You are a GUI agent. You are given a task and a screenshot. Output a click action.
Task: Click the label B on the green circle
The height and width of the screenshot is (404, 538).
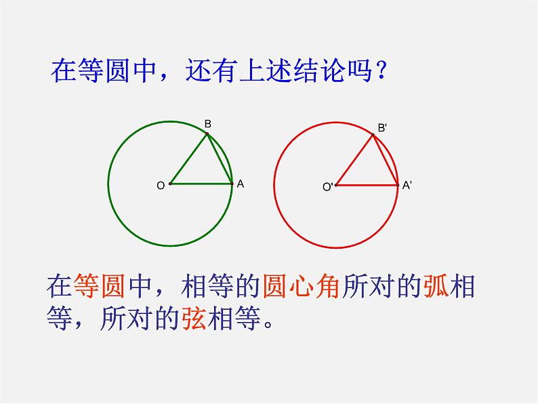[207, 123]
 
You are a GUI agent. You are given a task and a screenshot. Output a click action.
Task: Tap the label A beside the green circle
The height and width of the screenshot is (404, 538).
[240, 184]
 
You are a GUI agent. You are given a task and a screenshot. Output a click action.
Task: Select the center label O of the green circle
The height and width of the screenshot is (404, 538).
[161, 186]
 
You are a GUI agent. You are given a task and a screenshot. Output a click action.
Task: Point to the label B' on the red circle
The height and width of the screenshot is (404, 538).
[382, 128]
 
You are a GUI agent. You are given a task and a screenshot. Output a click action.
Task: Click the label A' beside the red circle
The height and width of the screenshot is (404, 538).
[407, 185]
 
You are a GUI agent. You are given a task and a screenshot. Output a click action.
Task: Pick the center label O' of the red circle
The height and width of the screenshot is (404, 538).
[328, 187]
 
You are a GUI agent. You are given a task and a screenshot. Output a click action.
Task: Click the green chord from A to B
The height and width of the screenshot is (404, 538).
[220, 159]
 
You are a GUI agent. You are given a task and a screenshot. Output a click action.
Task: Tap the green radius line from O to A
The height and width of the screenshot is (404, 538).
[201, 184]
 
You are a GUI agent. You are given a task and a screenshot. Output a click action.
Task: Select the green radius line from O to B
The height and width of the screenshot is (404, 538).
[189, 159]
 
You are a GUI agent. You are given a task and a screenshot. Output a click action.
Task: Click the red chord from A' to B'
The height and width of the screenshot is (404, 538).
[386, 160]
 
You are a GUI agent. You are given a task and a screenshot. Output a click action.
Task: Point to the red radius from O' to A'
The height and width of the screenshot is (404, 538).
[367, 185]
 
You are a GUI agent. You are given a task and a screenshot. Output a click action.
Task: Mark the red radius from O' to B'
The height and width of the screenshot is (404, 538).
[354, 160]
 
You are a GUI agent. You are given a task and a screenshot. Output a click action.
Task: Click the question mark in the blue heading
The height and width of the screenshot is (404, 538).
[380, 70]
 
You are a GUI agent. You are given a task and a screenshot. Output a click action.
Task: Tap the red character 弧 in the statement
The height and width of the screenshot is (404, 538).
[436, 285]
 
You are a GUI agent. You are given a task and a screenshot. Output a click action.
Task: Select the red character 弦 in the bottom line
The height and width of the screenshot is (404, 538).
[194, 318]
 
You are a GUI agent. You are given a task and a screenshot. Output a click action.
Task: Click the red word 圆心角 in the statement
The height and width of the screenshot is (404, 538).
[302, 285]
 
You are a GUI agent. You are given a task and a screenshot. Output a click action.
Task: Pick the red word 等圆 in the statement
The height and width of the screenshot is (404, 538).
[99, 285]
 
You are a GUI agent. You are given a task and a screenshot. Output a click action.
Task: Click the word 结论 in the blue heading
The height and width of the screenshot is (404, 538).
[319, 70]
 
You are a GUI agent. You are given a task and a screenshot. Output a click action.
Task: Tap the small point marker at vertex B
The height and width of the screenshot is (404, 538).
[207, 134]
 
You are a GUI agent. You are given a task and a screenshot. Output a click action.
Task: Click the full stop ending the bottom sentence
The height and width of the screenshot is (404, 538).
[268, 325]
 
